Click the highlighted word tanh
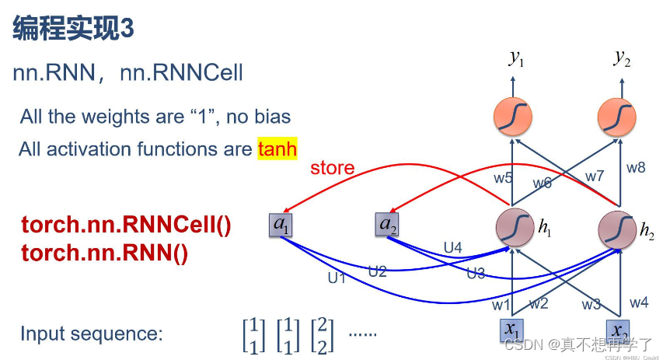tap(277, 149)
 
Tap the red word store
tap(332, 168)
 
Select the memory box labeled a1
tap(281, 225)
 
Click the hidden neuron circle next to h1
tap(513, 226)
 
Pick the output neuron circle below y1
tap(513, 117)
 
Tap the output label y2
tap(622, 58)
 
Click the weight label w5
tap(503, 177)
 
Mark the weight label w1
tap(501, 304)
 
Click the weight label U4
tap(453, 247)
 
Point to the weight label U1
tap(337, 278)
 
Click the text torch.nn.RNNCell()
tap(127, 225)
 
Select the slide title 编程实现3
tap(74, 29)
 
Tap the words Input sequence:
tap(92, 334)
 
